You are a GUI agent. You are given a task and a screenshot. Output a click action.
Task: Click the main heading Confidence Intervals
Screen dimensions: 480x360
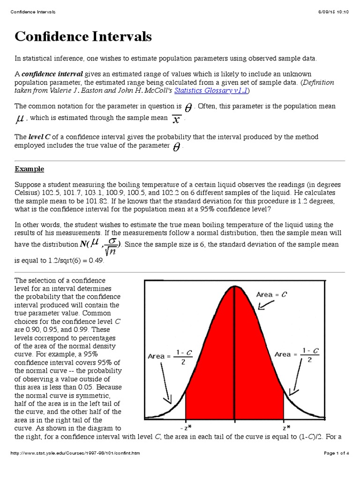click(x=83, y=37)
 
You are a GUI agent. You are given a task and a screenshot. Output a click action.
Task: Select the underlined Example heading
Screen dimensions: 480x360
click(x=30, y=169)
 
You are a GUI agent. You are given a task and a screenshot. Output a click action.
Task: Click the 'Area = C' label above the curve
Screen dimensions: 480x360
click(x=272, y=294)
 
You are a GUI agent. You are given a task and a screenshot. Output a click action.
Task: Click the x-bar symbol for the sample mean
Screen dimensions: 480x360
click(x=176, y=119)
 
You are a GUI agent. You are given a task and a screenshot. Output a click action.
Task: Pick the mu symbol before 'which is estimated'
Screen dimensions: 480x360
click(x=20, y=119)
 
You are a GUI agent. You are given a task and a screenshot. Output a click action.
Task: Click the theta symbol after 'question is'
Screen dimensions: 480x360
click(x=188, y=107)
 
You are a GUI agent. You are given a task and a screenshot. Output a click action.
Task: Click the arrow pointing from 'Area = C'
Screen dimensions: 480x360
click(x=266, y=305)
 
